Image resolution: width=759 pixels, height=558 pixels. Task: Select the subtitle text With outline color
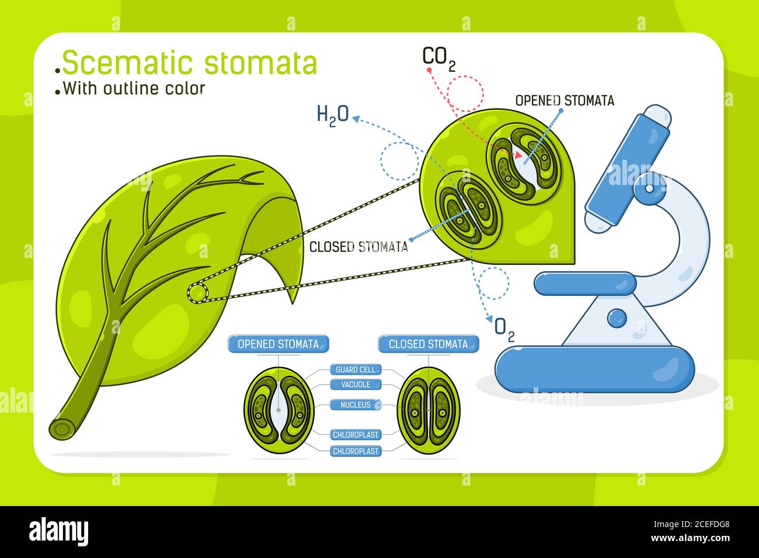134,89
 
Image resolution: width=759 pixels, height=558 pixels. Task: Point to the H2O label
332,114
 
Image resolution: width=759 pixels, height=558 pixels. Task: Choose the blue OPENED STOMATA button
278,344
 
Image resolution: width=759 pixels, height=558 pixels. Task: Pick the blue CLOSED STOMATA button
428,344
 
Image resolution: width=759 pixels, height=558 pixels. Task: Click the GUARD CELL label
356,369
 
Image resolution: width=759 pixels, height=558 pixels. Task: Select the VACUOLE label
356,385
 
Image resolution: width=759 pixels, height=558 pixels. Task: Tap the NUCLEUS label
356,404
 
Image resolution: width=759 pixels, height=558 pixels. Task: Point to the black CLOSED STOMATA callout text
358,247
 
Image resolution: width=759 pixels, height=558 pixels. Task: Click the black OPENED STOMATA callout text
564,101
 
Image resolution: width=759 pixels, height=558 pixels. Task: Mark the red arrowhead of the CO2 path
517,155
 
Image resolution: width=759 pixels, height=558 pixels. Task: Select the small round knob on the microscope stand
617,318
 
